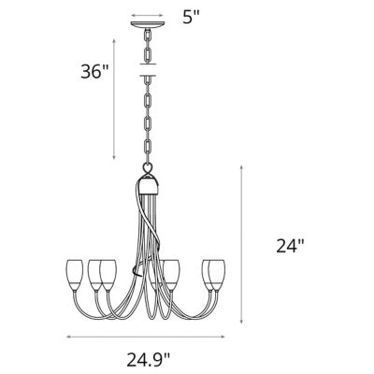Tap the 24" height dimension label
(291, 247)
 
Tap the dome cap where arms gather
(150, 181)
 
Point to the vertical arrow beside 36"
(114, 98)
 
